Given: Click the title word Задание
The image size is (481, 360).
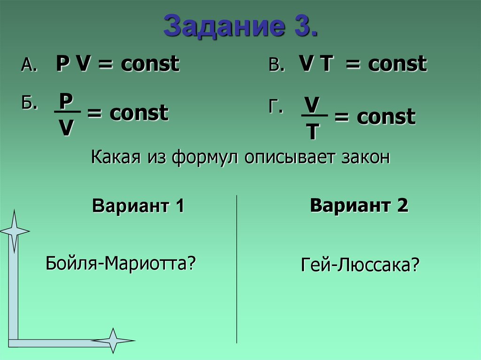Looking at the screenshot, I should click(220, 27).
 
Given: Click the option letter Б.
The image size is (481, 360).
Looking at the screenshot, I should click(28, 104).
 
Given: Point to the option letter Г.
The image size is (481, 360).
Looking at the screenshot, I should click(276, 108).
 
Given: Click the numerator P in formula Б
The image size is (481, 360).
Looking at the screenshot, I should click(66, 101).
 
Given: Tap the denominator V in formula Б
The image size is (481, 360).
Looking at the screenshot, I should click(66, 128).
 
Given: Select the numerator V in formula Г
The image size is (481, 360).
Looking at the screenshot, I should click(311, 104).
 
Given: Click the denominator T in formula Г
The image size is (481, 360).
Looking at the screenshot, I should click(312, 133).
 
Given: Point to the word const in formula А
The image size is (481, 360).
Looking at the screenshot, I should click(150, 64).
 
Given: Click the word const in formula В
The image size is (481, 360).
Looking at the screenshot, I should click(397, 64).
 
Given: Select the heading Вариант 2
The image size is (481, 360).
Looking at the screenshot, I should click(359, 206).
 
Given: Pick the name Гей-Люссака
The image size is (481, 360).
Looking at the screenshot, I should click(359, 266).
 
